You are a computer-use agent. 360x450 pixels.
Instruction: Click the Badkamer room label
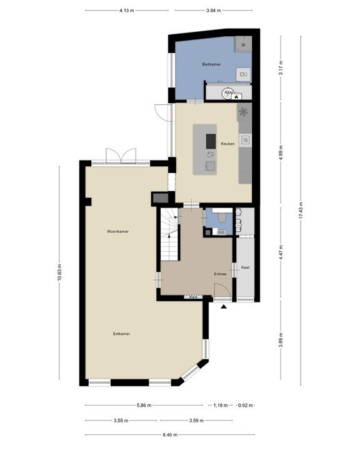[x=211, y=64]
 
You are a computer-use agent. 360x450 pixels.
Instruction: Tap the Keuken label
[x=227, y=144]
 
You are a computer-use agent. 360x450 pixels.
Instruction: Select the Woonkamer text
[x=117, y=231]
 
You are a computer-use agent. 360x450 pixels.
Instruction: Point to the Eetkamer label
[x=121, y=334]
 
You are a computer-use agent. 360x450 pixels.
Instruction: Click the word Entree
[x=220, y=274]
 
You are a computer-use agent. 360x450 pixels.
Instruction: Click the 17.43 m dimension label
[x=301, y=211]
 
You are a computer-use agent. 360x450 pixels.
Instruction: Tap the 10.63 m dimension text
[x=59, y=272]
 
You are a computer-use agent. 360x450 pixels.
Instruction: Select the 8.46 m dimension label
[x=170, y=434]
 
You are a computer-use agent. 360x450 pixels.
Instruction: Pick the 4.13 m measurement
[x=127, y=11]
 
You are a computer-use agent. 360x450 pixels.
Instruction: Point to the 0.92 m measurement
[x=246, y=405]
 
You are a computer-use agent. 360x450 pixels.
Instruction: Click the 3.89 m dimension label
[x=281, y=340]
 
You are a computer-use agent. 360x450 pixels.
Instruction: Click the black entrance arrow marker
[x=224, y=307]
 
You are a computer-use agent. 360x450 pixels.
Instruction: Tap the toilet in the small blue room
[x=222, y=217]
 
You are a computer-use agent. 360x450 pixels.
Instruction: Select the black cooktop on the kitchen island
[x=211, y=141]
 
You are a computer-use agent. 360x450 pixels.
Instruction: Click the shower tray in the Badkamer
[x=243, y=44]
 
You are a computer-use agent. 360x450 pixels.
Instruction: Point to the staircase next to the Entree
[x=169, y=234]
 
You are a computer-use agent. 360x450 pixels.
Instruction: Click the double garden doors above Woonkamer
[x=121, y=156]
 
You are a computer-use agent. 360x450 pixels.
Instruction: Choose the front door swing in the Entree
[x=222, y=290]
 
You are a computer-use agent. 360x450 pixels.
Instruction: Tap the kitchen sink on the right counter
[x=246, y=140]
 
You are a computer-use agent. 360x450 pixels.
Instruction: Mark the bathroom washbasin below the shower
[x=244, y=74]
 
